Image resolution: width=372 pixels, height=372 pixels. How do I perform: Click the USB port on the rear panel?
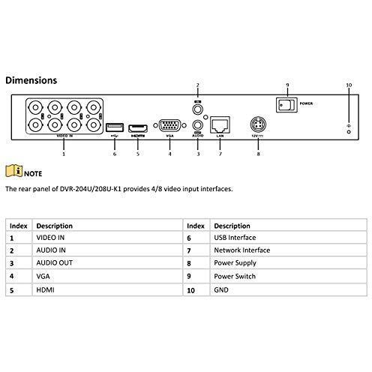pos(115,127)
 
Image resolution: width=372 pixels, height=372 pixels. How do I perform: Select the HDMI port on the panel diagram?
pos(138,128)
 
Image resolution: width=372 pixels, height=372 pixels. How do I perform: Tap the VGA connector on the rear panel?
pos(170,125)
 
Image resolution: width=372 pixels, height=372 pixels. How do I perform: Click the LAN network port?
pos(220,124)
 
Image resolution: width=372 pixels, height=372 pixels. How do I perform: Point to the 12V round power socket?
pos(258,124)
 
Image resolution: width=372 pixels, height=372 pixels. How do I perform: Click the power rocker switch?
pos(286,105)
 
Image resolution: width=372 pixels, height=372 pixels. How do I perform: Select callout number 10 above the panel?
pos(349,85)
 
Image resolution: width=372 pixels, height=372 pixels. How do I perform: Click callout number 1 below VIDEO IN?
pos(64,154)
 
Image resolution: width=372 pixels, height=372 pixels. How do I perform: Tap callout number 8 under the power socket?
pos(259,154)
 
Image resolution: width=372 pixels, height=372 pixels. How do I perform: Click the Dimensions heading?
pos(31,80)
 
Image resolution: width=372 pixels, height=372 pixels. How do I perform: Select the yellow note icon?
pos(14,171)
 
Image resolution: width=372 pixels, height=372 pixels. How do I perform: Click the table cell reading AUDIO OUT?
pos(55,262)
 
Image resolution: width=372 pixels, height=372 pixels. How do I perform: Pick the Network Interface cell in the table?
pos(242,250)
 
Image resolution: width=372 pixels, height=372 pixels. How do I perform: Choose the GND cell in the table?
pos(221,289)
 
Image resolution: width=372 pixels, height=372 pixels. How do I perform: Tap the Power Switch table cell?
pos(235,276)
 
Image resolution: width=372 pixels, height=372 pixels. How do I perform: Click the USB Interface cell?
pos(235,238)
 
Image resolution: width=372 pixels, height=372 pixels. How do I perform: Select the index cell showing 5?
pos(12,290)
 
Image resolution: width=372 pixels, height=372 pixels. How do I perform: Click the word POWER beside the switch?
pos(306,103)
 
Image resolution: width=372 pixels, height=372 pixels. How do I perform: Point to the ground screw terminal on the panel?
pos(349,131)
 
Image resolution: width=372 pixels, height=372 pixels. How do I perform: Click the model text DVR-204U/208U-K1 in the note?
pos(90,188)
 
